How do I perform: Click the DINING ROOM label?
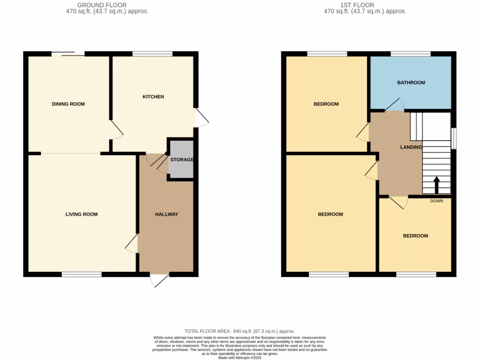(x=68, y=104)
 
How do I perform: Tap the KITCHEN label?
(x=153, y=97)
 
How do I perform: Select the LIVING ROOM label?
(x=82, y=214)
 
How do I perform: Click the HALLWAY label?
(x=166, y=214)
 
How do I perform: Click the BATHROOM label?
(x=411, y=82)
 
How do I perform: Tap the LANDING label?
(x=411, y=147)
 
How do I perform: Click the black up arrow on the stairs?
(x=436, y=185)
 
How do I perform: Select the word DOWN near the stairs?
(x=436, y=201)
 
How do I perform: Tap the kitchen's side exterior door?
(x=202, y=117)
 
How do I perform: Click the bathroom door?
(x=394, y=105)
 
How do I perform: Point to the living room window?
(x=82, y=274)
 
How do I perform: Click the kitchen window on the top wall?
(x=152, y=54)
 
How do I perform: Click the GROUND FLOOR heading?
(x=102, y=5)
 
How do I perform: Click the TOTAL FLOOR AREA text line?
(x=240, y=331)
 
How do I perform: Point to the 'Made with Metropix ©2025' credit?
(x=240, y=357)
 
